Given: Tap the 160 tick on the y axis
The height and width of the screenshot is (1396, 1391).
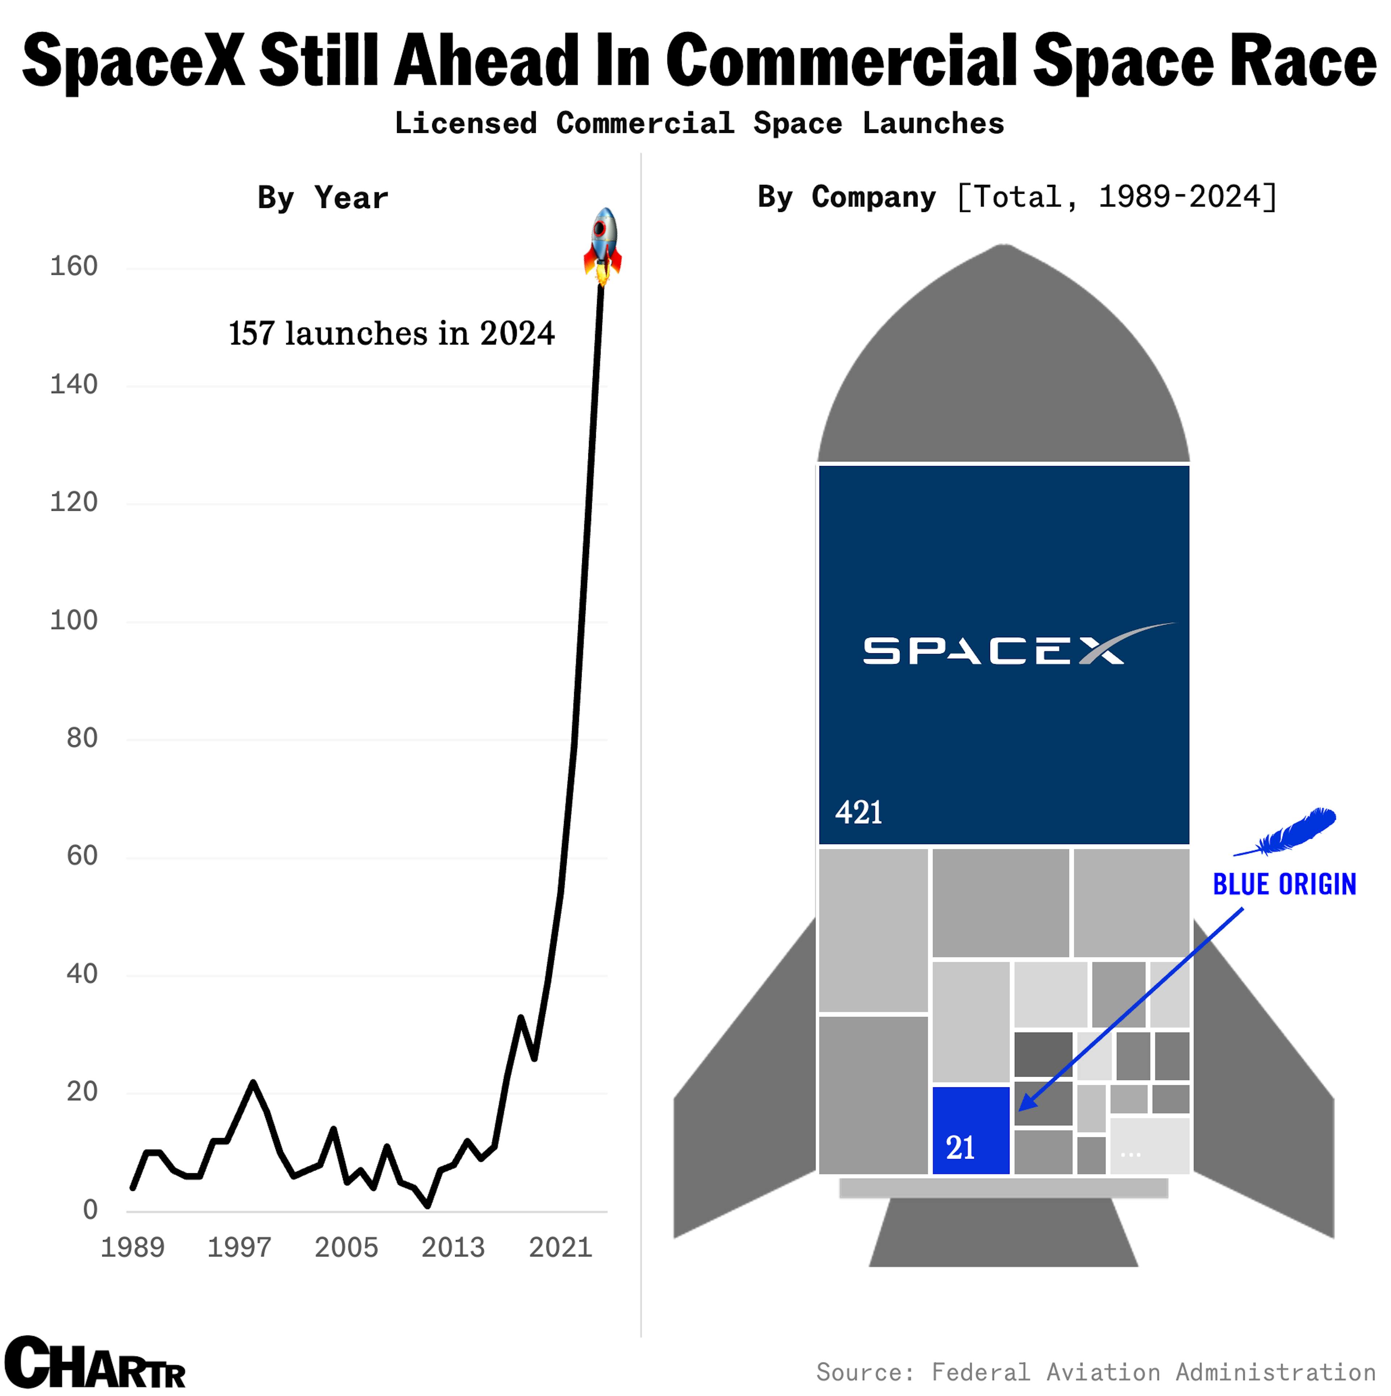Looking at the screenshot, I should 74,267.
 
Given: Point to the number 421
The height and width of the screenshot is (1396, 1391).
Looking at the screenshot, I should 859,813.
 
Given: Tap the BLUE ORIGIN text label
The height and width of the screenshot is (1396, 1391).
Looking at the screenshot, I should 1284,884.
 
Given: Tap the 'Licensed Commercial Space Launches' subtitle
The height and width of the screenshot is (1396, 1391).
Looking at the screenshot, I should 699,124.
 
